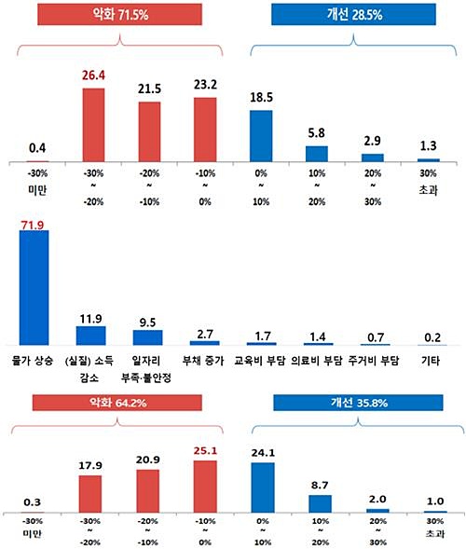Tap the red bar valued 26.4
(x=94, y=126)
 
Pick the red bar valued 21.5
(x=150, y=132)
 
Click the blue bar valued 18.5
(x=261, y=136)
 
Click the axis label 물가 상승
(x=34, y=362)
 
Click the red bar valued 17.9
(x=90, y=487)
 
